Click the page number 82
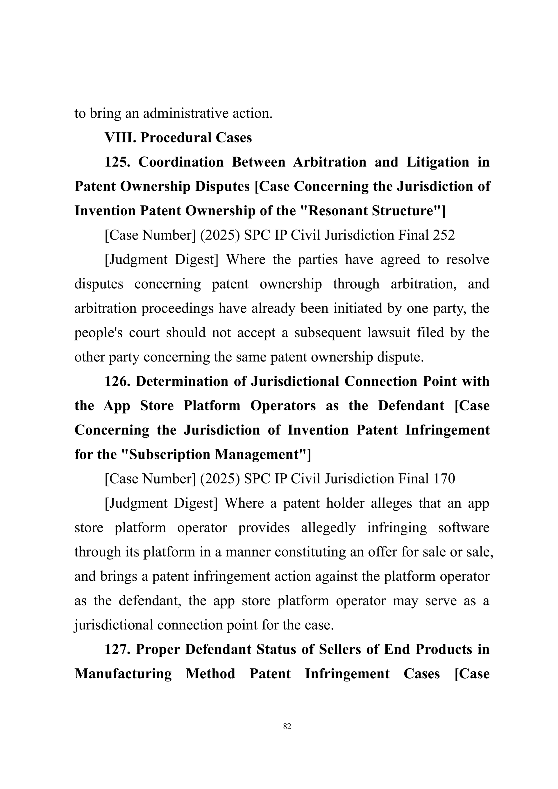(x=287, y=726)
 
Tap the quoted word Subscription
(x=168, y=455)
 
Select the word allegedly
(x=328, y=527)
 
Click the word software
(x=464, y=527)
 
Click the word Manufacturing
(x=123, y=674)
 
